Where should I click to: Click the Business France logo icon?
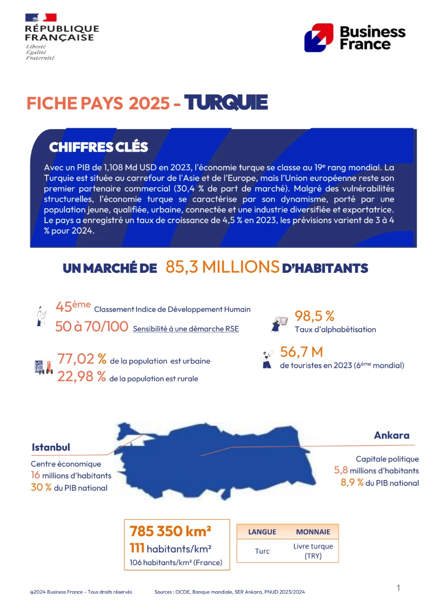[318, 37]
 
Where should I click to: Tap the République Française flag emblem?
[41, 18]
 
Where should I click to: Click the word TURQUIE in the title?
[226, 103]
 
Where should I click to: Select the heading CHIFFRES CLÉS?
[98, 147]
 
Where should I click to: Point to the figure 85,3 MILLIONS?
[222, 267]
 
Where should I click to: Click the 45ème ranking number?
[73, 307]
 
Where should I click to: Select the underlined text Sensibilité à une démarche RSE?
[186, 329]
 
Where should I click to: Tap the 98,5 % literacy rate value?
[314, 316]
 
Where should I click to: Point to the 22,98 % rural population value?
[81, 376]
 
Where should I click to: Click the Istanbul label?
[51, 447]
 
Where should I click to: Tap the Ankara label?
[391, 435]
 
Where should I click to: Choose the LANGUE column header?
[262, 532]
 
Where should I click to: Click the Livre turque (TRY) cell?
[313, 551]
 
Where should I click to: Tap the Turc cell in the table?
[262, 551]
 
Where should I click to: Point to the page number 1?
[398, 588]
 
